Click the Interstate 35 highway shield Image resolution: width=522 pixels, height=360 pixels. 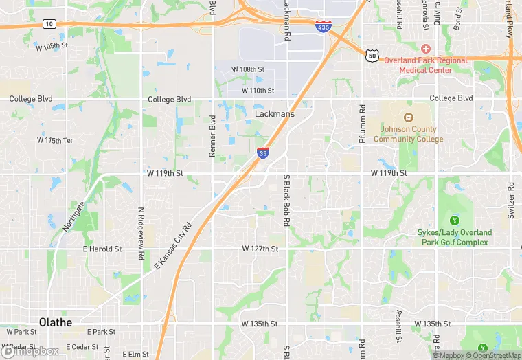tap(263, 153)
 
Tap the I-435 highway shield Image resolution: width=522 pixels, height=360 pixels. tap(322, 26)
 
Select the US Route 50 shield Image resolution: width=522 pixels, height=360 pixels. tap(372, 54)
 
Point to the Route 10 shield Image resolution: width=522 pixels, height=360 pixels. tap(49, 24)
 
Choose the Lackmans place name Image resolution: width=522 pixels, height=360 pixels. tap(274, 114)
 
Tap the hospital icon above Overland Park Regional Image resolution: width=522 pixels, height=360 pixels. tap(425, 48)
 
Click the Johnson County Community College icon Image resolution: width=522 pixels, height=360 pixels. tap(408, 117)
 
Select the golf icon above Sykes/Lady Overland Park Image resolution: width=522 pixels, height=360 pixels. tap(454, 220)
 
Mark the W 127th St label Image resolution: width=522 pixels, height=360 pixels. tap(260, 249)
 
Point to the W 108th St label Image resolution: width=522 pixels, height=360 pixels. tap(248, 70)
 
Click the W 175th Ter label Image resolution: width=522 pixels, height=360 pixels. tap(55, 141)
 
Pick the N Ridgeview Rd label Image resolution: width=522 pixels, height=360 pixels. tap(140, 233)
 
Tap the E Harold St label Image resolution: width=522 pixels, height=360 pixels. tap(102, 249)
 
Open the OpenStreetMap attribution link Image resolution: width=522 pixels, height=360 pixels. tap(493, 355)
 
